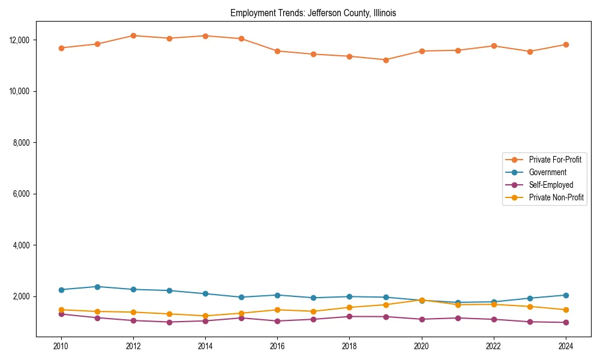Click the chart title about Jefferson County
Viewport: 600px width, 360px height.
coord(313,13)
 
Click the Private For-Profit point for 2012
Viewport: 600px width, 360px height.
coord(133,35)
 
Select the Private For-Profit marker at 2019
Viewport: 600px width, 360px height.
coord(386,60)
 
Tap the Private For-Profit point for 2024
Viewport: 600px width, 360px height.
coord(566,44)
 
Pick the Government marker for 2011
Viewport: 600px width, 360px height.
coord(97,287)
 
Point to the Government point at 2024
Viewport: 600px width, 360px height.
coord(566,295)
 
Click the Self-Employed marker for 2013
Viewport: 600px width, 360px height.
coord(169,322)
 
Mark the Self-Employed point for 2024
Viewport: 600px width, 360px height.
coord(566,323)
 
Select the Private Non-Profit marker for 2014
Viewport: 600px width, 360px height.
coord(205,316)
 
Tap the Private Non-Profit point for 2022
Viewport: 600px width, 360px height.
coord(494,304)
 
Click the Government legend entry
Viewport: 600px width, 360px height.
coord(547,172)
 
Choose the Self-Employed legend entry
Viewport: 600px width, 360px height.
coord(551,185)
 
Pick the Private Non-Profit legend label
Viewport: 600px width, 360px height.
coord(556,197)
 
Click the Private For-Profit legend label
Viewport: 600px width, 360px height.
coord(555,160)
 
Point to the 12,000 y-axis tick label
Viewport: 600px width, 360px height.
coord(19,40)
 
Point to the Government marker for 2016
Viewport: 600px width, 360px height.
coord(278,295)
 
